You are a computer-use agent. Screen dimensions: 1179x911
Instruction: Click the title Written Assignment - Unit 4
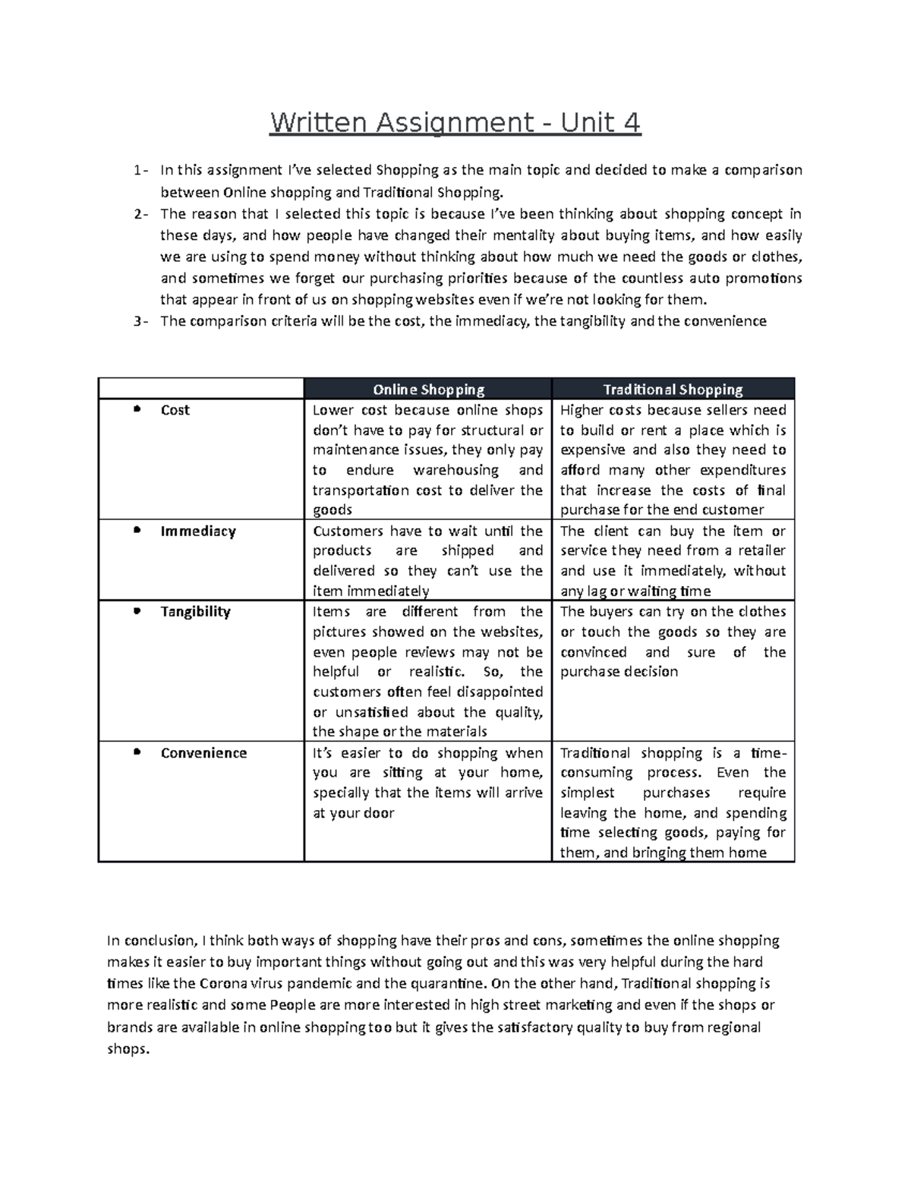tap(455, 121)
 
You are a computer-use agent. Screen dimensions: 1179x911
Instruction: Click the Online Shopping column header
tap(428, 389)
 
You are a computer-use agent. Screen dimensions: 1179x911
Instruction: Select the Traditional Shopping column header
tap(673, 389)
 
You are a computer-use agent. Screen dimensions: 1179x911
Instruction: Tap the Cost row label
tap(175, 410)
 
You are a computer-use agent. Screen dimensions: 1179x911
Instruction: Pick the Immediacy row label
tap(197, 531)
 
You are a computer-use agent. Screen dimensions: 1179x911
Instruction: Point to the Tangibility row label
tap(195, 612)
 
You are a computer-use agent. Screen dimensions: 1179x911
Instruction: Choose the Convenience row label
tap(203, 753)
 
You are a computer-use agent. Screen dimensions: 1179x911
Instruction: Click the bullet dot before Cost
tap(137, 409)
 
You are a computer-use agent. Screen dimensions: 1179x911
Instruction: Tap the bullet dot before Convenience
tap(137, 752)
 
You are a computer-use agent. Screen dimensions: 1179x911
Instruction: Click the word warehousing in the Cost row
tap(455, 470)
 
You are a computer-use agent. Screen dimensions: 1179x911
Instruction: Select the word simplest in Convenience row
tap(588, 793)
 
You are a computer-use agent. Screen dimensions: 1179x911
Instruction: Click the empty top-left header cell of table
tap(200, 389)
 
